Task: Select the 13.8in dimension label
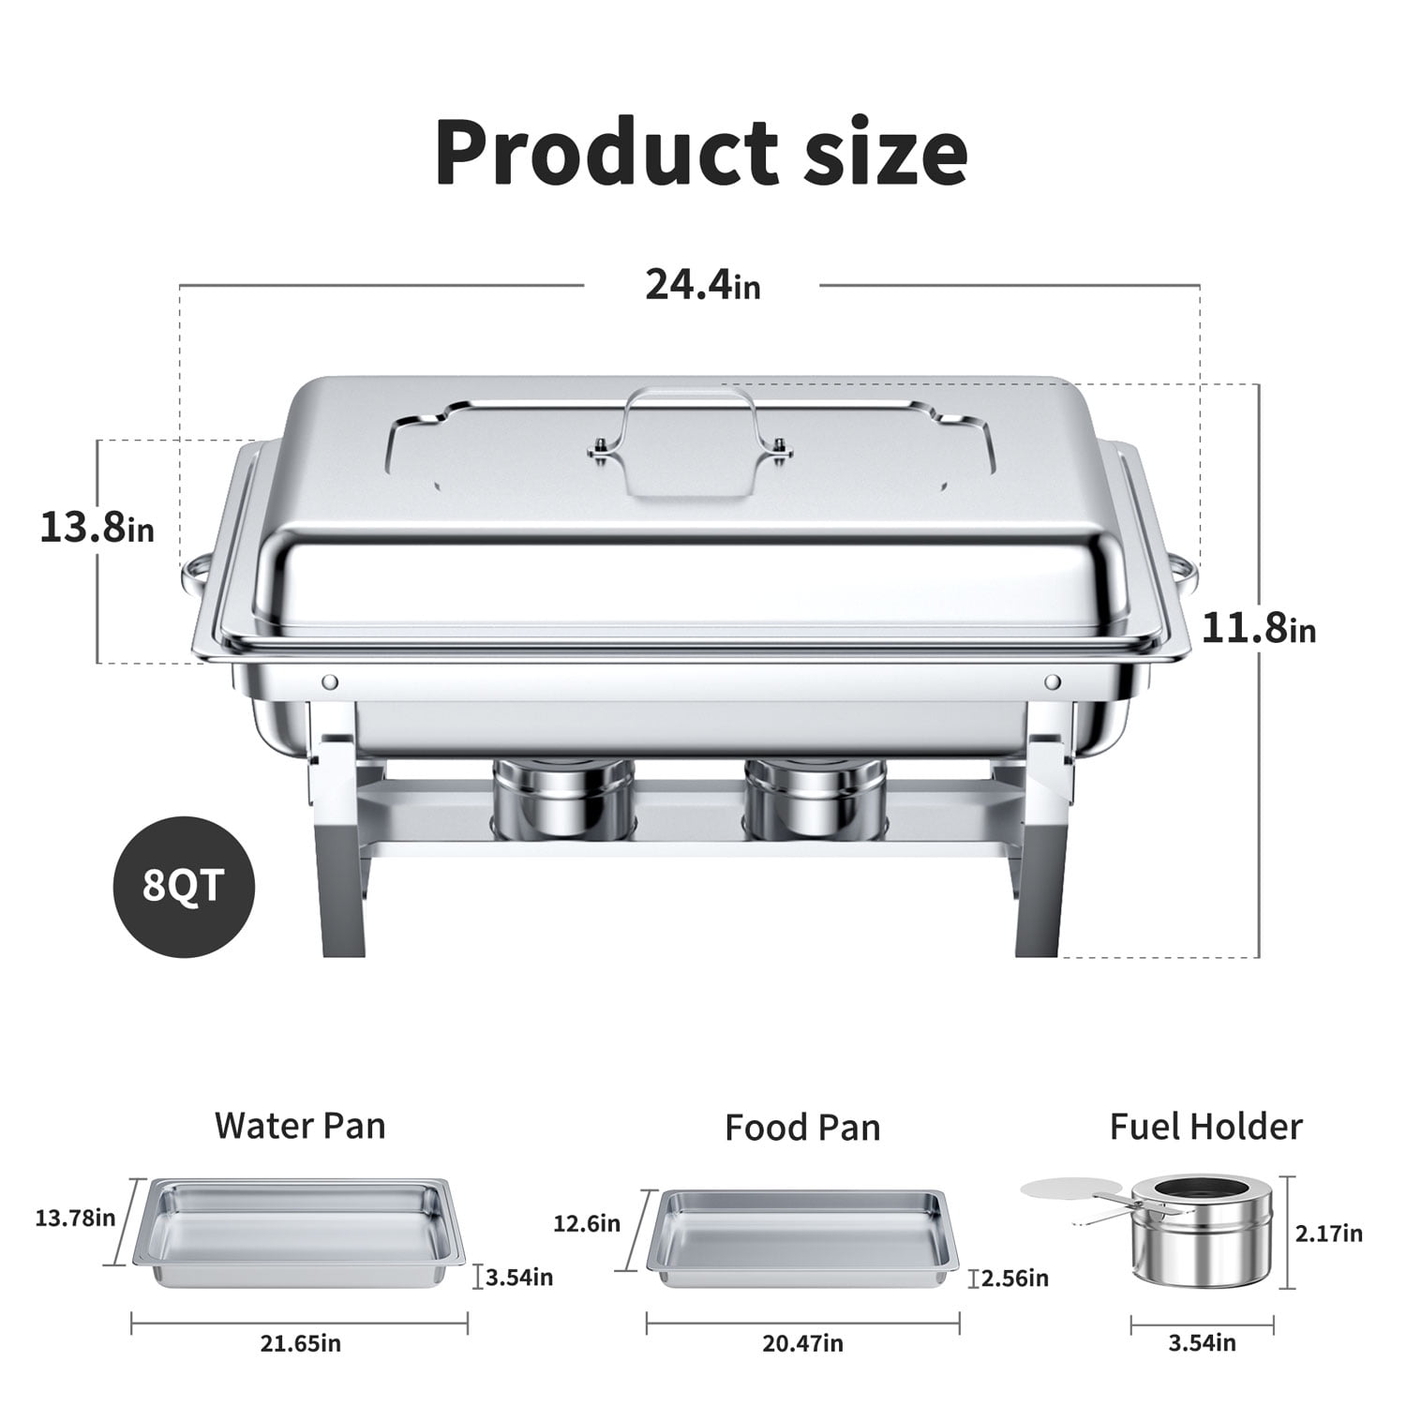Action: coord(97,527)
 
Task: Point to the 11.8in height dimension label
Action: coord(1258,627)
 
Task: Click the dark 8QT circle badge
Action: coord(184,885)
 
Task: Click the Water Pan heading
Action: coord(300,1125)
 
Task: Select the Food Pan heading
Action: coord(802,1127)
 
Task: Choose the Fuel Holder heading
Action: coord(1205,1126)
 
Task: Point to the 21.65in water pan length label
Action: coord(301,1344)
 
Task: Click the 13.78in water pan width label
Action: coord(75,1218)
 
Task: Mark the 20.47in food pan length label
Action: coord(802,1344)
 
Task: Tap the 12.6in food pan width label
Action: coord(586,1223)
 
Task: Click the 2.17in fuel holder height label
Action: coord(1328,1234)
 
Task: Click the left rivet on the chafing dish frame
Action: coord(329,681)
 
